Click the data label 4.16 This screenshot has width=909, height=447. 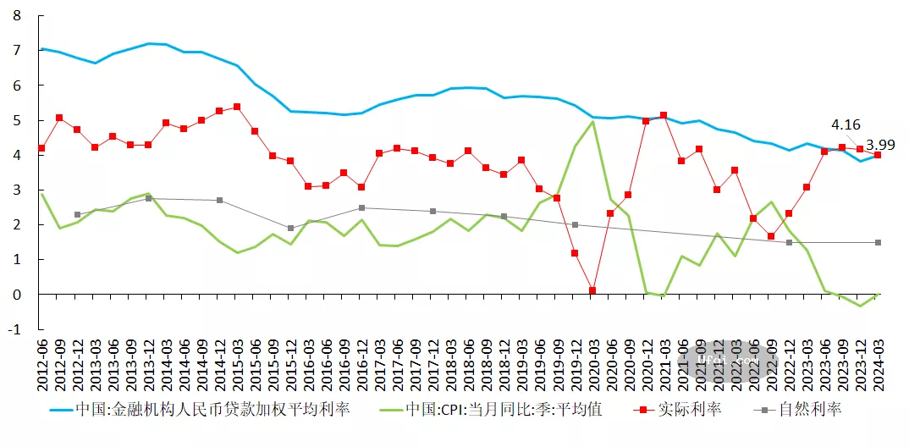pos(847,124)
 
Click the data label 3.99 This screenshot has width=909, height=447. pos(879,145)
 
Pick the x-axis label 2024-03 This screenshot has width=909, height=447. pos(878,363)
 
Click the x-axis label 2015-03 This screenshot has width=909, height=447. pos(238,363)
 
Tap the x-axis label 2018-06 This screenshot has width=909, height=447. pos(469,363)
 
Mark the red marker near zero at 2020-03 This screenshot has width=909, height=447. pos(592,290)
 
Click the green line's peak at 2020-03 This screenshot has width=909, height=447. pos(592,122)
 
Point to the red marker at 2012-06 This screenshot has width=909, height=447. pos(41,148)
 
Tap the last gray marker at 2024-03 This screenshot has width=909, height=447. pos(878,243)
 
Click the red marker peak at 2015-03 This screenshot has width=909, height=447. pos(237,107)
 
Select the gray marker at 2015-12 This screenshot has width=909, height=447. pos(290,229)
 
